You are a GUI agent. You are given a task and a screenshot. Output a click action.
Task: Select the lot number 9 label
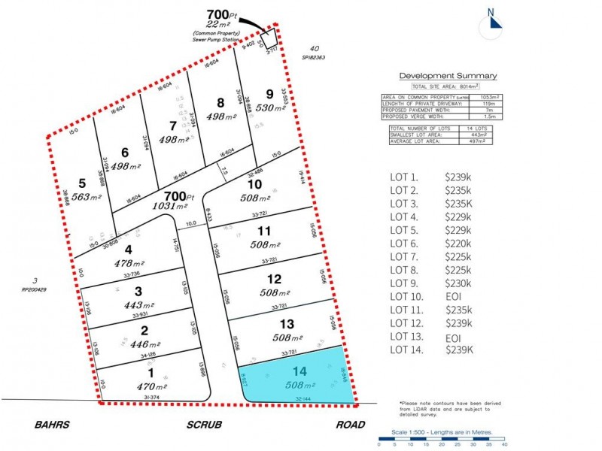270,94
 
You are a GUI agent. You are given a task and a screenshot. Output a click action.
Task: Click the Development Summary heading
447,75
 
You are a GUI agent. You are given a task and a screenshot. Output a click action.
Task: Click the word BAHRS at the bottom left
52,425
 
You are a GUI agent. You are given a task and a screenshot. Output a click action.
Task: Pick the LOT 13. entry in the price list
408,336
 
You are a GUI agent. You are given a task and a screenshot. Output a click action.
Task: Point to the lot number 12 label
274,280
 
